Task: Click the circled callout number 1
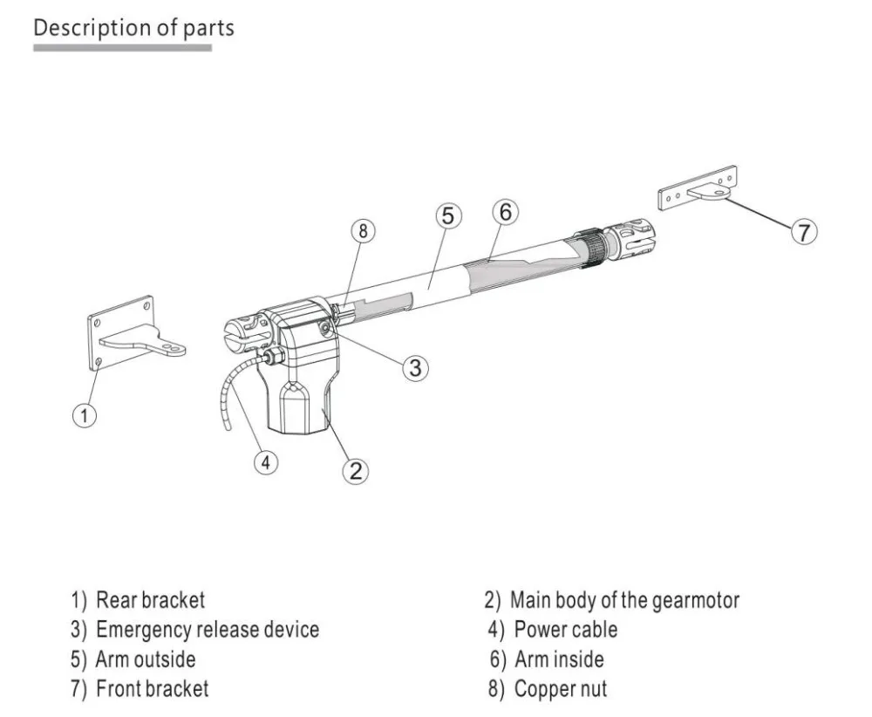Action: (84, 416)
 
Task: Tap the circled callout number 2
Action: (354, 470)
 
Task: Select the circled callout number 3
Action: (415, 367)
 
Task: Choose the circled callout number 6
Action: (505, 212)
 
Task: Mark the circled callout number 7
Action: (803, 232)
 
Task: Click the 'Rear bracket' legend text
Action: (150, 600)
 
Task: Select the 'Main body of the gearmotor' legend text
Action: (623, 600)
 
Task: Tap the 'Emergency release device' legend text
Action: (207, 629)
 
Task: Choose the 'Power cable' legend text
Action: (565, 629)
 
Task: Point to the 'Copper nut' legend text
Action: (560, 688)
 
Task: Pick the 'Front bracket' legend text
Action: (152, 688)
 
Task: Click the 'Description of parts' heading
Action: (133, 27)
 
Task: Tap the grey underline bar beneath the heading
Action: (122, 47)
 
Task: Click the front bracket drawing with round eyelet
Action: (702, 191)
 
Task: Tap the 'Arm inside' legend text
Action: (558, 659)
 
